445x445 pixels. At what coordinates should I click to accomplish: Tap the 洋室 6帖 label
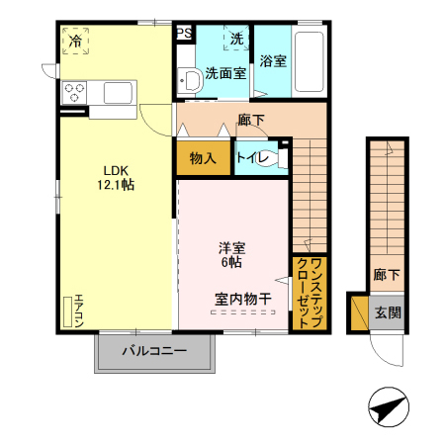coord(231,255)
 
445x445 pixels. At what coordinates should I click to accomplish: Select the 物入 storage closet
coord(204,158)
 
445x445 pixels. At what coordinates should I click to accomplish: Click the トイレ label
coord(252,158)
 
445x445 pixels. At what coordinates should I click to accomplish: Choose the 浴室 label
coord(273,61)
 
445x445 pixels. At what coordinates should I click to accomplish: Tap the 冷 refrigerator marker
coord(76,41)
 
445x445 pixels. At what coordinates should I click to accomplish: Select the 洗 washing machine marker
coord(237,39)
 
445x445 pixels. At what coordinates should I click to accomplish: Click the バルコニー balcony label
coord(154,352)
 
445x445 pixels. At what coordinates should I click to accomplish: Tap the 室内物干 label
coord(241,298)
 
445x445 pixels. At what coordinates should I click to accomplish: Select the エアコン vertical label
coord(79,311)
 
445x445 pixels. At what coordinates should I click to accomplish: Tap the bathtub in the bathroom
coord(309,64)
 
